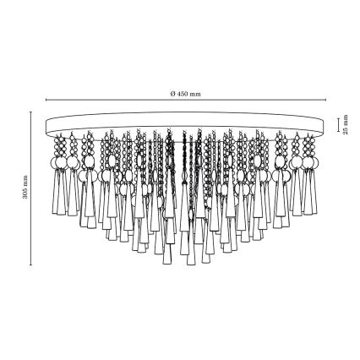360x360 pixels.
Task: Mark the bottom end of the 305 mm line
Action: (x=31, y=265)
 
